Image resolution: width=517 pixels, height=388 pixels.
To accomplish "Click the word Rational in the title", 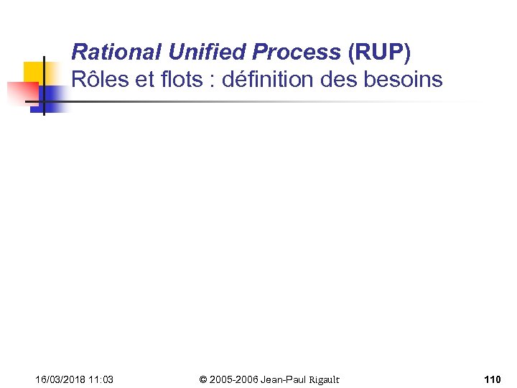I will click(x=117, y=52).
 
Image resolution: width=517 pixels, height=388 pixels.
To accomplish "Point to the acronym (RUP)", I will click(x=379, y=52).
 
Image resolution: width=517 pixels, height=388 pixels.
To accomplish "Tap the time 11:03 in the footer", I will click(x=101, y=379).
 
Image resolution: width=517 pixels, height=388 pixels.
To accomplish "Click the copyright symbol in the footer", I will click(x=203, y=379).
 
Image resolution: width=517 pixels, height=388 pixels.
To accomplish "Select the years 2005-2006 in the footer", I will click(x=234, y=379).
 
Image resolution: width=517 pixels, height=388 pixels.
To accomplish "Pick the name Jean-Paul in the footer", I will click(x=284, y=379).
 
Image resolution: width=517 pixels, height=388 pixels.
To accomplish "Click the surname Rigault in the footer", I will click(x=323, y=379).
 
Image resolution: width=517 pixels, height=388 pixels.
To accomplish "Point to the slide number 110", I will click(x=493, y=379).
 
